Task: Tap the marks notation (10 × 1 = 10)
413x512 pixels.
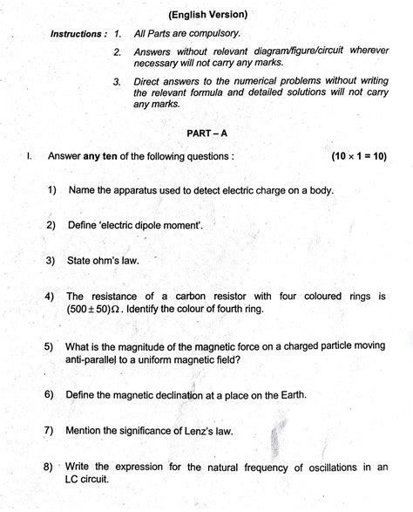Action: pyautogui.click(x=358, y=157)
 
